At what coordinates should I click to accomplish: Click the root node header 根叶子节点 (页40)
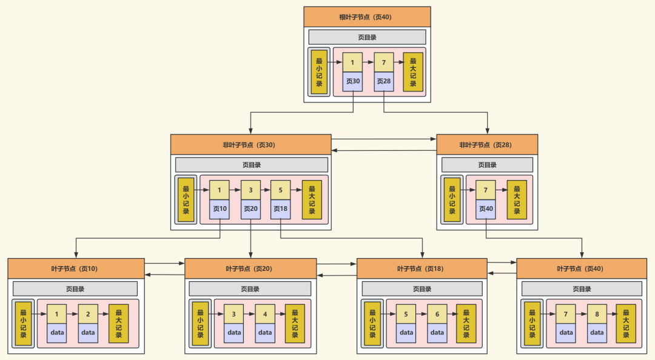[x=367, y=17]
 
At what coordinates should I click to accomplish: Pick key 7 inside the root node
[x=383, y=62]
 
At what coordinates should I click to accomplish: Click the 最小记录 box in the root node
[x=319, y=72]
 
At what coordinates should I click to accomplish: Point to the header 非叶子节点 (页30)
[x=250, y=145]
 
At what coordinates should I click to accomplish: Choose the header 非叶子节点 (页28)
[x=487, y=145]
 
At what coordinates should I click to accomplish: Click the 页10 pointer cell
[x=219, y=209]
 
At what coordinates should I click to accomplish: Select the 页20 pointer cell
[x=250, y=209]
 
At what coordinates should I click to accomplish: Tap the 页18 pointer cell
[x=280, y=209]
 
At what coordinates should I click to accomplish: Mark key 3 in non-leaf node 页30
[x=250, y=190]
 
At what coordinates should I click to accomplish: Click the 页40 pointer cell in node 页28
[x=486, y=209]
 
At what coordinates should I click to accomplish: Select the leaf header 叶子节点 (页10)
[x=76, y=268]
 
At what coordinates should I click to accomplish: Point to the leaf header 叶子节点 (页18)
[x=422, y=268]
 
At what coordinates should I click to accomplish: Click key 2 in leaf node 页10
[x=88, y=314]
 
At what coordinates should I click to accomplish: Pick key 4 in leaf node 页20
[x=265, y=314]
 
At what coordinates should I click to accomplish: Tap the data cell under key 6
[x=437, y=333]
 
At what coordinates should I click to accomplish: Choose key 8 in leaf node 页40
[x=597, y=314]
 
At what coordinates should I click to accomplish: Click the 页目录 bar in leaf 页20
[x=250, y=289]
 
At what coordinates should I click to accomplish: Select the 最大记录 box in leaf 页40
[x=626, y=323]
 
